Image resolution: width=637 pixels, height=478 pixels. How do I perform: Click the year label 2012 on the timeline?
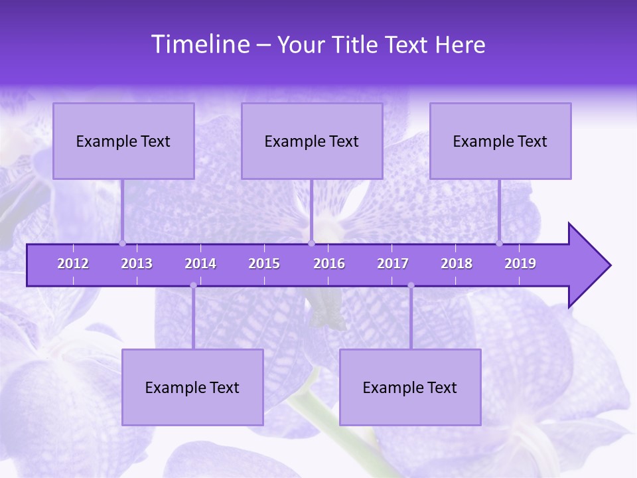pyautogui.click(x=73, y=264)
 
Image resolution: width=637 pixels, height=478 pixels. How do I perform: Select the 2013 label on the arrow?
pyautogui.click(x=137, y=264)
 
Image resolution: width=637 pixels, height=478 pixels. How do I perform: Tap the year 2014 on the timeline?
pyautogui.click(x=200, y=264)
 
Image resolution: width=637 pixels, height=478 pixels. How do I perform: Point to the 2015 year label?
pyautogui.click(x=264, y=264)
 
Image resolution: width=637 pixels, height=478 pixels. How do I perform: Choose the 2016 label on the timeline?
pyautogui.click(x=329, y=264)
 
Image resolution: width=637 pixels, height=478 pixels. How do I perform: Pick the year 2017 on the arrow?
pyautogui.click(x=393, y=264)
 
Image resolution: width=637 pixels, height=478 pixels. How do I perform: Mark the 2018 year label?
pyautogui.click(x=457, y=264)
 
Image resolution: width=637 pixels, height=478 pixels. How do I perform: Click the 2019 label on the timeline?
pyautogui.click(x=520, y=264)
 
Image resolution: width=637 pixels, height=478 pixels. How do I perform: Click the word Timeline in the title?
pyautogui.click(x=199, y=44)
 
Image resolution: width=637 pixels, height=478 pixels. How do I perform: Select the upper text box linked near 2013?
pyautogui.click(x=123, y=141)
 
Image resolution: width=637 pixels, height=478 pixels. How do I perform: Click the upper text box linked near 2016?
pyautogui.click(x=312, y=141)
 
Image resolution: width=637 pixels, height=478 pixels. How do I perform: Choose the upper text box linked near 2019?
pyautogui.click(x=500, y=141)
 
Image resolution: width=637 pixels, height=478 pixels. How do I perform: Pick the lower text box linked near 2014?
pyautogui.click(x=192, y=387)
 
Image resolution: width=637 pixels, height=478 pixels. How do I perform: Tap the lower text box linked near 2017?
pyautogui.click(x=410, y=387)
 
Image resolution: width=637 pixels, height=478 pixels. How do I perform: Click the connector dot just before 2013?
pyautogui.click(x=122, y=243)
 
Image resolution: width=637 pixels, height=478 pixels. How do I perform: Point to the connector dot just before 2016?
pyautogui.click(x=311, y=243)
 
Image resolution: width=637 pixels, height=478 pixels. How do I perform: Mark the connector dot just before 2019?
pyautogui.click(x=499, y=243)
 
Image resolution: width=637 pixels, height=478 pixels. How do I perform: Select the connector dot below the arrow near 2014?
pyautogui.click(x=193, y=285)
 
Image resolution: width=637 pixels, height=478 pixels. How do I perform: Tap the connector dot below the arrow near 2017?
pyautogui.click(x=411, y=285)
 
